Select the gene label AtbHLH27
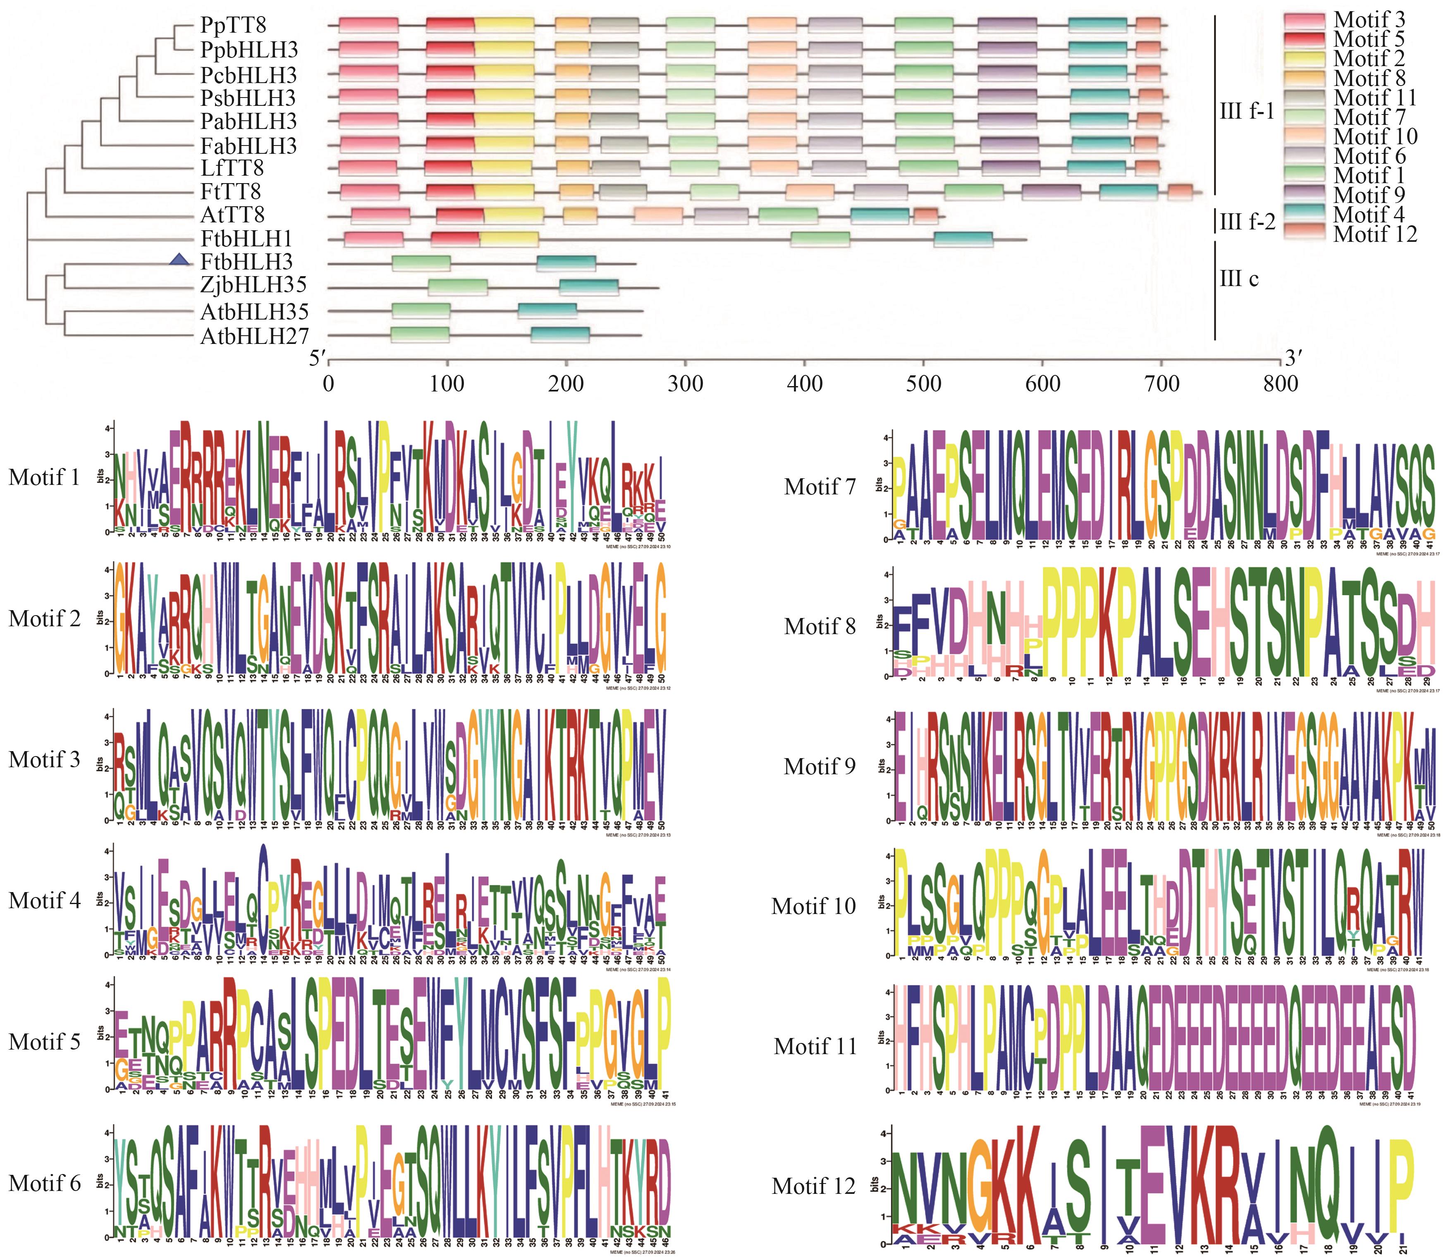255,337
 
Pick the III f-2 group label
1247,223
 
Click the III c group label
1238,279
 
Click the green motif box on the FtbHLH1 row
820,239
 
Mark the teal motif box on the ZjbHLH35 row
589,288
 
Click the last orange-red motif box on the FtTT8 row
1179,192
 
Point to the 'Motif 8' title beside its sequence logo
820,626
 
